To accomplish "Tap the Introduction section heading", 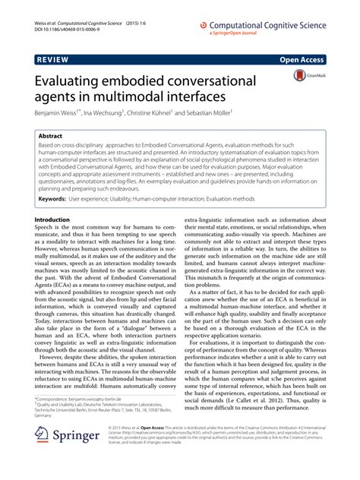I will click(58, 219).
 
